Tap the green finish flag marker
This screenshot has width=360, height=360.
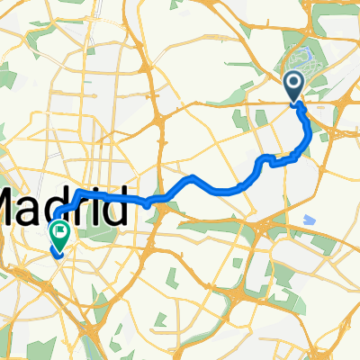[60, 234]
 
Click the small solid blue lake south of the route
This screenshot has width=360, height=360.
[311, 219]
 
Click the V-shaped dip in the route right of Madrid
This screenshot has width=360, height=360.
[147, 204]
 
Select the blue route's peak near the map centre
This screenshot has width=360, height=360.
[193, 176]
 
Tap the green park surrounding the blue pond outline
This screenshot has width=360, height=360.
[297, 49]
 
